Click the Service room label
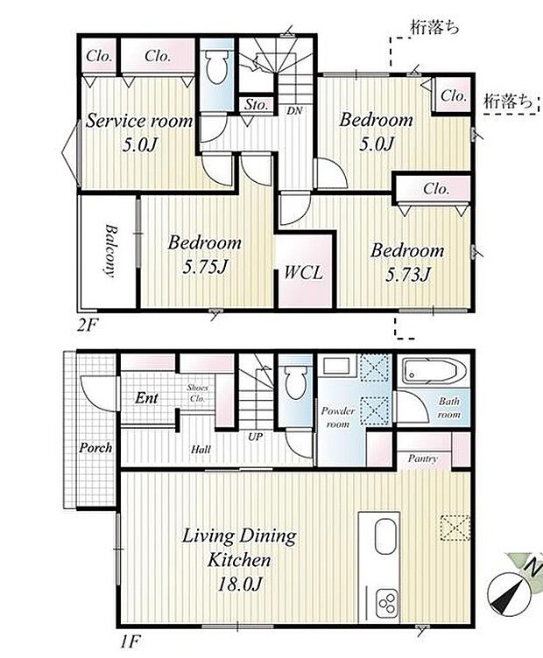point(139,122)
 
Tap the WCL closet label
point(304,273)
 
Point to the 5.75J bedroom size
point(205,268)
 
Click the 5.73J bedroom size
point(408,276)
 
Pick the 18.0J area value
point(239,584)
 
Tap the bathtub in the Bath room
point(429,370)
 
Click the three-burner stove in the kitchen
point(385,604)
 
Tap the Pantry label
point(422,459)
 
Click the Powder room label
point(338,417)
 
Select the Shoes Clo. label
point(197,393)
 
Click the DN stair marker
point(294,111)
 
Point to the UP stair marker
point(255,437)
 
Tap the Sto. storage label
point(256,104)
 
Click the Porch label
point(95,448)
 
